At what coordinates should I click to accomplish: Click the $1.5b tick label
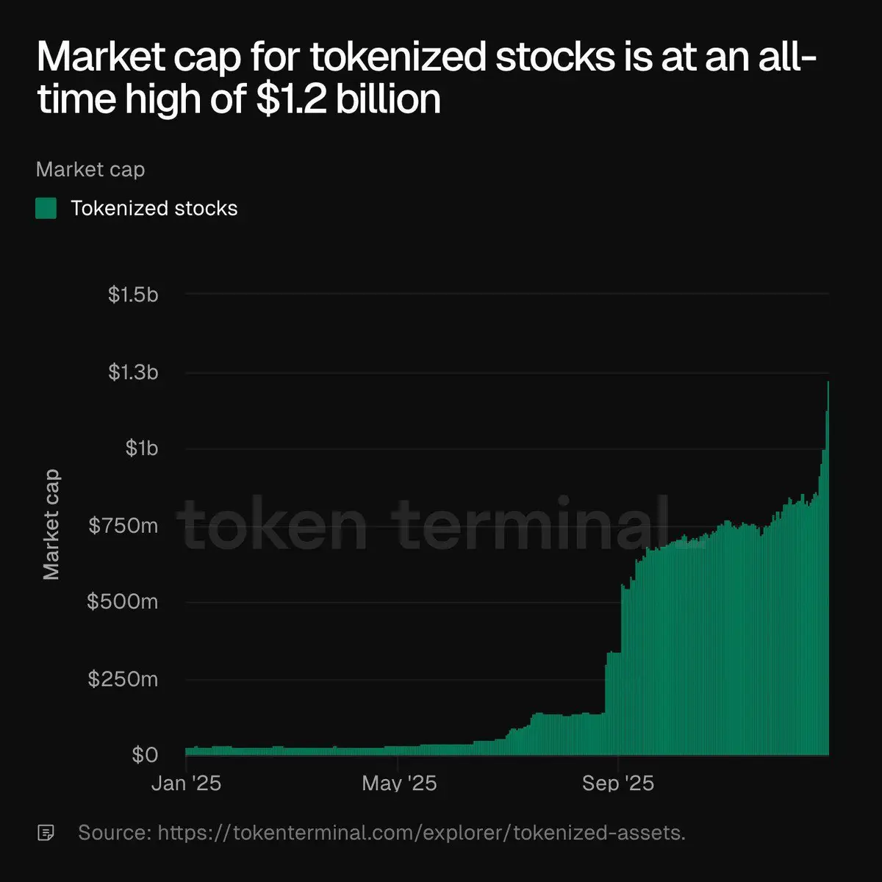point(133,295)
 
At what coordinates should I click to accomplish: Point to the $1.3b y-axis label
point(133,373)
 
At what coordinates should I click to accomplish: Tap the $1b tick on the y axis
point(141,448)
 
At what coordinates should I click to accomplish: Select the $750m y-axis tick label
point(123,526)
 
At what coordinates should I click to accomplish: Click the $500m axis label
point(122,602)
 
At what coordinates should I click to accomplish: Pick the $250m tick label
point(123,678)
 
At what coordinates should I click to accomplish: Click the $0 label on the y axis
point(145,755)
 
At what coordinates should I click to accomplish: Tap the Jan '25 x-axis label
point(186,784)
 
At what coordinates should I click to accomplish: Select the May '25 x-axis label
point(399,784)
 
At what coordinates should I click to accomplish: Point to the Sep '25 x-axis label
point(618,784)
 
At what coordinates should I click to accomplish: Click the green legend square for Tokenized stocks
point(46,208)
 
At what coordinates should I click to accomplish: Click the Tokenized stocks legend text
point(154,209)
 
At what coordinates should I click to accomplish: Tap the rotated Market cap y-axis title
point(51,525)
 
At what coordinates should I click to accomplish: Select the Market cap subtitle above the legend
point(90,170)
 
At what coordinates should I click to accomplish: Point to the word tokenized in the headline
point(399,57)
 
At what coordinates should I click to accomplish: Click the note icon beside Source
point(46,833)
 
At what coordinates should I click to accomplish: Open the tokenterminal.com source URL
point(421,833)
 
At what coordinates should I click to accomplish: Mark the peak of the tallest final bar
point(828,382)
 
